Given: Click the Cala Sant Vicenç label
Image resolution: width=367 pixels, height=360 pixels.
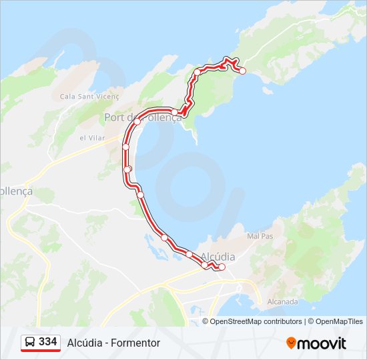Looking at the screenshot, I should tap(89, 97).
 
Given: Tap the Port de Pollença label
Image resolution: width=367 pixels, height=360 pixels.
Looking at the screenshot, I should tap(142, 117).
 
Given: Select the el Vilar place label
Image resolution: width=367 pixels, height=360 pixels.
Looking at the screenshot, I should tap(92, 138).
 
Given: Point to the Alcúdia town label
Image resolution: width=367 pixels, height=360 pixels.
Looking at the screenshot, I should tap(218, 256).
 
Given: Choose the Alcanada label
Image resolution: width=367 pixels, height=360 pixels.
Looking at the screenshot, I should tap(283, 301).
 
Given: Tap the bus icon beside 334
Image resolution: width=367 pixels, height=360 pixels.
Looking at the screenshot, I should tap(30, 342).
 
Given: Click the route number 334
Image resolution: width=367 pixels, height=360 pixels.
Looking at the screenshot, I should tap(47, 342).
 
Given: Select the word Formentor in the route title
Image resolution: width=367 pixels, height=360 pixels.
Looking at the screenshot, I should tap(137, 343).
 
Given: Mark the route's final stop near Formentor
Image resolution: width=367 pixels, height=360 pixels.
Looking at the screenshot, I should tap(242, 71).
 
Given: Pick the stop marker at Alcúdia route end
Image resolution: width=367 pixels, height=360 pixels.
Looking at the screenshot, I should tap(222, 267).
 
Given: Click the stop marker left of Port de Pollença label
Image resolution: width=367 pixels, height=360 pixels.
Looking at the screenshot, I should tap(137, 121).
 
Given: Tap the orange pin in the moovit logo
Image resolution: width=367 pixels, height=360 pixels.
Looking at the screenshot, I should tap(291, 343).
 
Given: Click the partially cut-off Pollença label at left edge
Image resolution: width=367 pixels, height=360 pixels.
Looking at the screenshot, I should tap(16, 191).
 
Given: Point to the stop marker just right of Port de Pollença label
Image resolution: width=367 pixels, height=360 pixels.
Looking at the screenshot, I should tap(174, 112).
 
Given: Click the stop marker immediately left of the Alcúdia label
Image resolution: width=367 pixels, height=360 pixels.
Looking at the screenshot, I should tap(190, 254).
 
